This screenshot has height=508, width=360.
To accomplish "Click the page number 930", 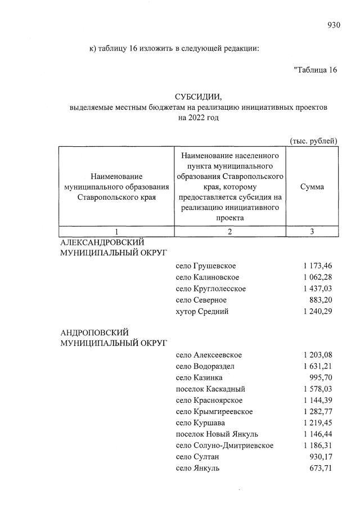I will pyautogui.click(x=334, y=24).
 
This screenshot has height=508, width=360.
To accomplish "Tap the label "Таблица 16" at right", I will pyautogui.click(x=316, y=70).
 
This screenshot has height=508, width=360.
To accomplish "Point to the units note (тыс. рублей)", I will pyautogui.click(x=313, y=141).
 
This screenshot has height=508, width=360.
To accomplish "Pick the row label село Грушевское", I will pyautogui.click(x=205, y=266).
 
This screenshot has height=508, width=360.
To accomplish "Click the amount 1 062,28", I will pyautogui.click(x=318, y=277).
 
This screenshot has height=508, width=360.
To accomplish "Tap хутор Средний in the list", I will pyautogui.click(x=202, y=311).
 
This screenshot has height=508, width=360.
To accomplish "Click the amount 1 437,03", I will pyautogui.click(x=318, y=289).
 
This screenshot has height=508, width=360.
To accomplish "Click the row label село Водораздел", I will pyautogui.click(x=205, y=366).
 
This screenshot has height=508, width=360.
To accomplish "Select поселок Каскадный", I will pyautogui.click(x=210, y=389).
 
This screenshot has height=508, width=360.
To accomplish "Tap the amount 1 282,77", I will pyautogui.click(x=318, y=411).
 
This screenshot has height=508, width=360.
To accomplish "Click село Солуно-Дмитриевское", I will pyautogui.click(x=224, y=445).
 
